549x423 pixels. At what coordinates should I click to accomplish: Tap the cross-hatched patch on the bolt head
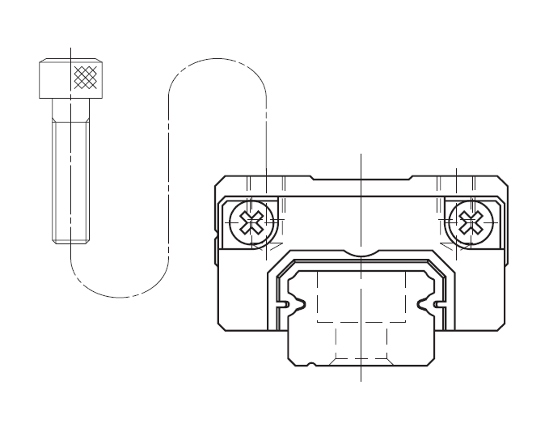[x=84, y=78]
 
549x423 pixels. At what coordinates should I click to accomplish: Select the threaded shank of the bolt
[x=71, y=178]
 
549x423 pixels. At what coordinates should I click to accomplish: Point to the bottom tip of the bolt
[x=71, y=242]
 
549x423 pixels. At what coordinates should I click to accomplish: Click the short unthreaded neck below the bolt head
[x=71, y=108]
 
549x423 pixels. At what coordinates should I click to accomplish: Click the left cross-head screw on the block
[x=251, y=221]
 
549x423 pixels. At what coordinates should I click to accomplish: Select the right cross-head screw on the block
[x=469, y=221]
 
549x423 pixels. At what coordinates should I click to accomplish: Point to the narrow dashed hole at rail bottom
[x=361, y=343]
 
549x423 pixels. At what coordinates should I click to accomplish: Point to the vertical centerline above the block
[x=361, y=162]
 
